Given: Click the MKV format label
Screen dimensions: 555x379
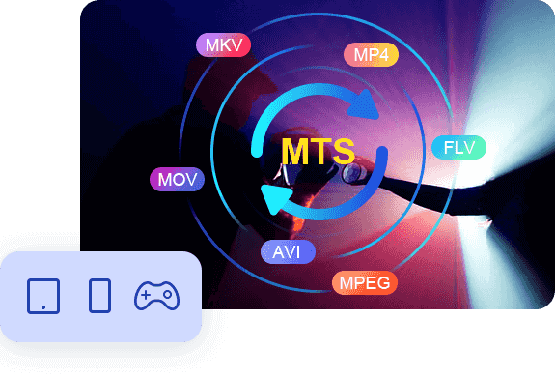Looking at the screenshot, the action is [x=223, y=45].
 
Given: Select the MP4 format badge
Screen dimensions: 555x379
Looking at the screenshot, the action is [x=371, y=54].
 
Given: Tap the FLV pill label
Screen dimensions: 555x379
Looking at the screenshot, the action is [x=458, y=148].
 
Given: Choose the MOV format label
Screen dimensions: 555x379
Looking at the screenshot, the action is [x=177, y=180].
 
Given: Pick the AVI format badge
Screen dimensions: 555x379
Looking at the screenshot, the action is [x=287, y=252].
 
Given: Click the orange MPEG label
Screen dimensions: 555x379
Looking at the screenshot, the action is [x=365, y=282].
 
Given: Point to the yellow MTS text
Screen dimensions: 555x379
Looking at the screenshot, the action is [x=318, y=152].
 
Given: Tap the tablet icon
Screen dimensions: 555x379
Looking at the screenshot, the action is [x=44, y=295].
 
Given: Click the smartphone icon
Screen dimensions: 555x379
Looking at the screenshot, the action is [x=99, y=295].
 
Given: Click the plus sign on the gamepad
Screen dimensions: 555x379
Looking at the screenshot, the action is [x=145, y=294].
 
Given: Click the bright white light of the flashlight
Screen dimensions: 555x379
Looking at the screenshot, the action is [x=516, y=145].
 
